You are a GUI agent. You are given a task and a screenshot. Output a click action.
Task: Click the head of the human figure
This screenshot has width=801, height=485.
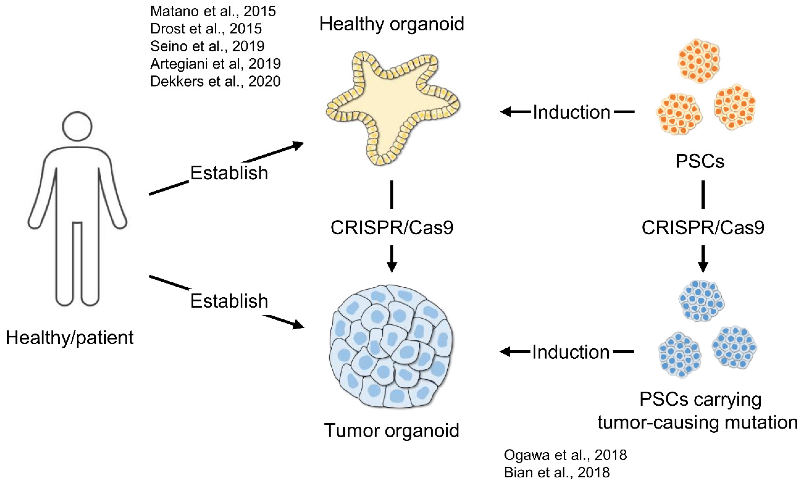[x=77, y=126]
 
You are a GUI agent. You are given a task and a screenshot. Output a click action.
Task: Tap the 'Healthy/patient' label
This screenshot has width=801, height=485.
[x=70, y=338]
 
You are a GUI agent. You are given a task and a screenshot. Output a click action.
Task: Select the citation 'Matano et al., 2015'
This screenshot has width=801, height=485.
[x=213, y=11]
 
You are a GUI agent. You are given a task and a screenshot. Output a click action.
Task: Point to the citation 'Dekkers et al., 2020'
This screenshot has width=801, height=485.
[x=215, y=81]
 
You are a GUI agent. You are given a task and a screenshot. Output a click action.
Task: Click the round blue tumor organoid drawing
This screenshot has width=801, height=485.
[x=392, y=346]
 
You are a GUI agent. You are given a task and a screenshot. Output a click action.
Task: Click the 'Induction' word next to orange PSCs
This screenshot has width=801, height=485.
[x=571, y=112]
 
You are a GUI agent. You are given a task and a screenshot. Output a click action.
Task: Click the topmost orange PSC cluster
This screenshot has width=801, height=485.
[x=699, y=61]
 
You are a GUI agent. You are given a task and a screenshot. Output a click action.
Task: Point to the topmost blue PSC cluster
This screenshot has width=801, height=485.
[x=701, y=301]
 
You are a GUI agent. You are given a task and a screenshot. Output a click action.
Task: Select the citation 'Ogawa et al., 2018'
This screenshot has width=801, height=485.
[x=565, y=455]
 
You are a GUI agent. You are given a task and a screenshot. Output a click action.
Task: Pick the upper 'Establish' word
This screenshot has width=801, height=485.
[x=229, y=173]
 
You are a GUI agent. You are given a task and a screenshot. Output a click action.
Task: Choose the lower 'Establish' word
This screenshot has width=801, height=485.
[x=229, y=301]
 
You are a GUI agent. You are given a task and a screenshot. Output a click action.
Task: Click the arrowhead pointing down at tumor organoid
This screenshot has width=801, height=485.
[x=392, y=266]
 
